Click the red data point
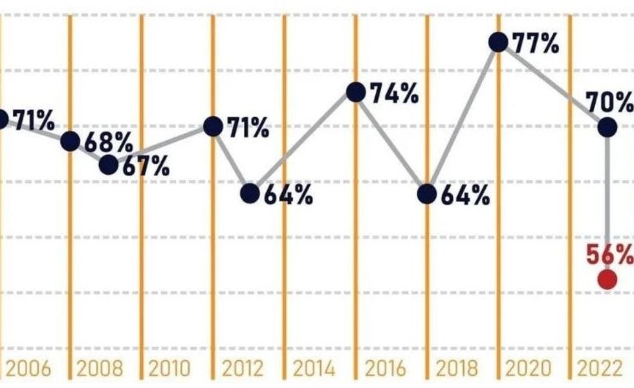607,280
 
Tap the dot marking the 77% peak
497,42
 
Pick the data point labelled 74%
355,92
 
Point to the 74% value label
394,95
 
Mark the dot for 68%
71,141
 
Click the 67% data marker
109,165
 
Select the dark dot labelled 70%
607,127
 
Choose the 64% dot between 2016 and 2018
426,194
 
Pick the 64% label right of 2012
289,194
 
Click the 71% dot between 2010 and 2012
213,126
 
